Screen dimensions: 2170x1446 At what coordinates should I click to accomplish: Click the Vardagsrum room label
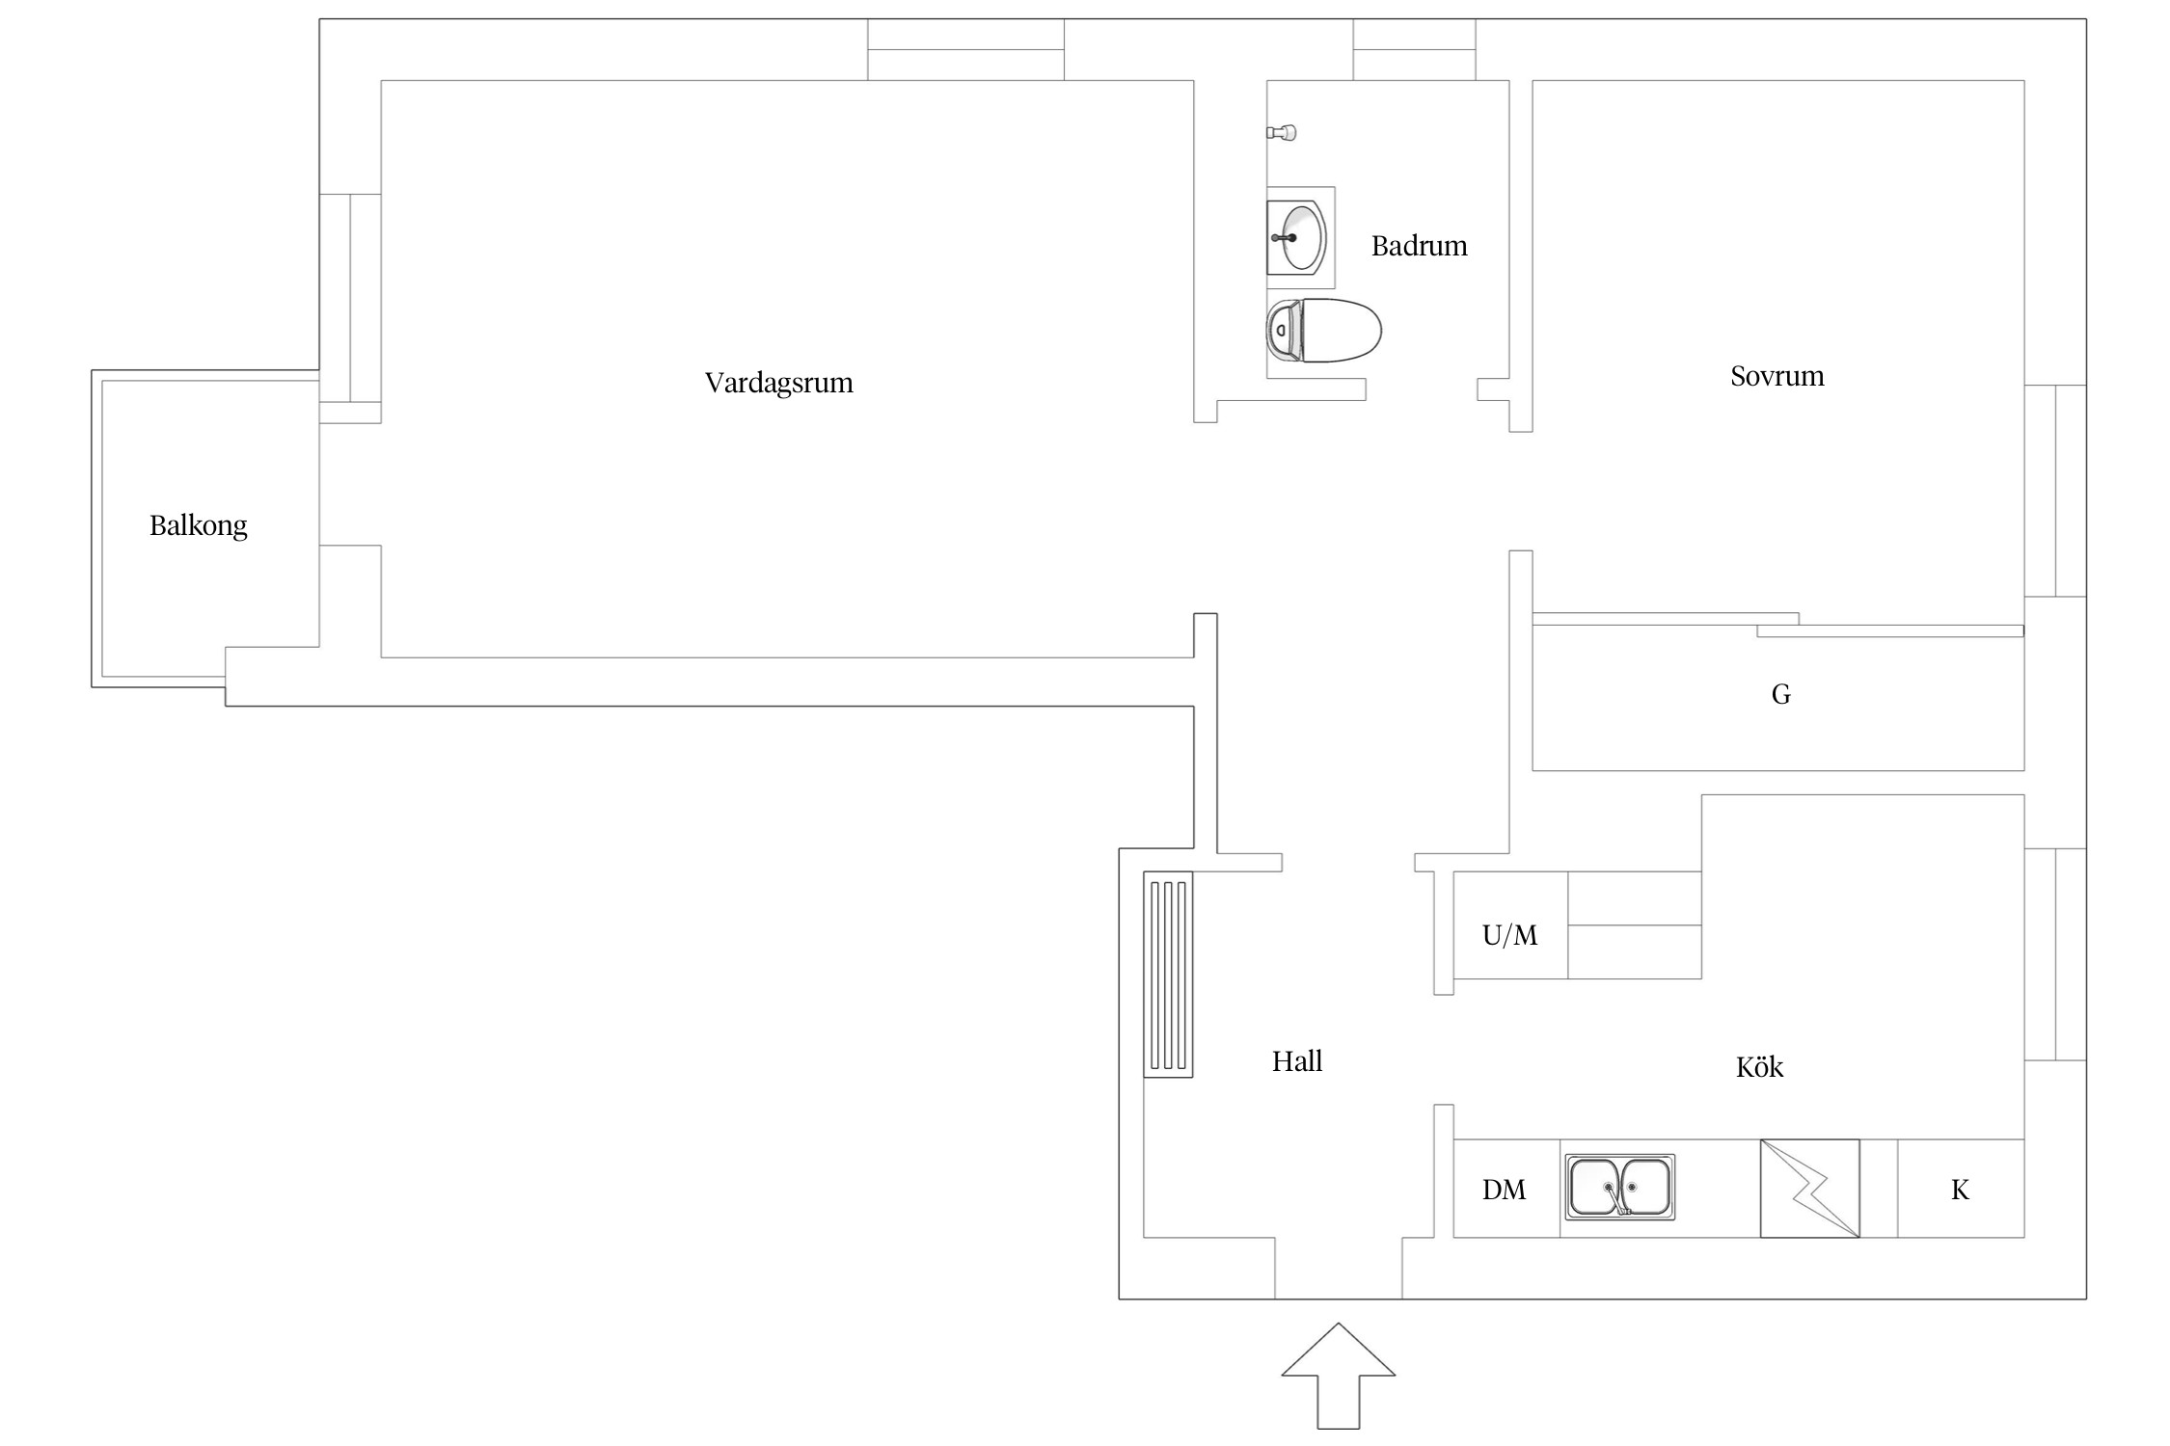pos(779,383)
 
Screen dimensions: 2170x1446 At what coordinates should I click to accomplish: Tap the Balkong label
pos(199,525)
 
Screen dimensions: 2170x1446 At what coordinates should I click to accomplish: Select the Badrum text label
pos(1420,246)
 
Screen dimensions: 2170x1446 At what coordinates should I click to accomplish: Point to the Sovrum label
pos(1777,376)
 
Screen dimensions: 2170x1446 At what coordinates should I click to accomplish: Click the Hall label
pos(1297,1061)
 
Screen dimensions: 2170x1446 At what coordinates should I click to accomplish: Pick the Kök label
pos(1759,1066)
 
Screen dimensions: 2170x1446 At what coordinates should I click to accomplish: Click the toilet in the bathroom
pos(1323,331)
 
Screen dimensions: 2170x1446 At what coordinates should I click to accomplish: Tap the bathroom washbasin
pos(1297,237)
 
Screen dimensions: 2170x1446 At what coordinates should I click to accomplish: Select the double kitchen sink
pos(1619,1187)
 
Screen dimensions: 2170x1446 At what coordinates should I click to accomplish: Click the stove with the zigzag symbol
pos(1809,1189)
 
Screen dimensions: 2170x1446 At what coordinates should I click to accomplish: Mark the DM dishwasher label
pos(1505,1190)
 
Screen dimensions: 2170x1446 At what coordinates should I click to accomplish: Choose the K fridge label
pos(1960,1190)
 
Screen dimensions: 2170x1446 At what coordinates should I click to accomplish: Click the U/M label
pos(1510,935)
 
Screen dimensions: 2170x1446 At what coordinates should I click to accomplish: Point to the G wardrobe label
pos(1781,694)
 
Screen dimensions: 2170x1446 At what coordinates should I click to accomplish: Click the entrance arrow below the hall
pos(1339,1376)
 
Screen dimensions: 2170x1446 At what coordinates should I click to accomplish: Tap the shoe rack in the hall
pos(1168,974)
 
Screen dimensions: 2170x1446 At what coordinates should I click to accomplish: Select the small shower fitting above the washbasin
pos(1282,132)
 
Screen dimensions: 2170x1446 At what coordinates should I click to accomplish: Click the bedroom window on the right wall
pos(2055,491)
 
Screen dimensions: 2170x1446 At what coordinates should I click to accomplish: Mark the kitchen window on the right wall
pos(2055,954)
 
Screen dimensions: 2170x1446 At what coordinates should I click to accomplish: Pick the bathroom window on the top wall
pos(1414,49)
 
